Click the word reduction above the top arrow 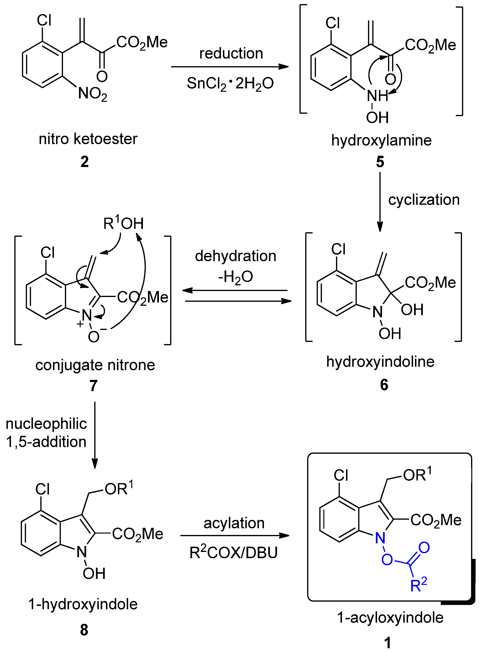pos(231,54)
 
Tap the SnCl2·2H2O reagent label pos(230,84)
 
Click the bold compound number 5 pos(380,162)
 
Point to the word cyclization pos(424,200)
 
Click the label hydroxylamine pos(381,140)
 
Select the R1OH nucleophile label pos(123,223)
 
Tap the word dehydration pos(235,256)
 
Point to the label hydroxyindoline pos(380,362)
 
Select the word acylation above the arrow pos(234,523)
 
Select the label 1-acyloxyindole pos(390,618)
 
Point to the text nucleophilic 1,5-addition pos(46,433)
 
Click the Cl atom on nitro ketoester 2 pos(44,21)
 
